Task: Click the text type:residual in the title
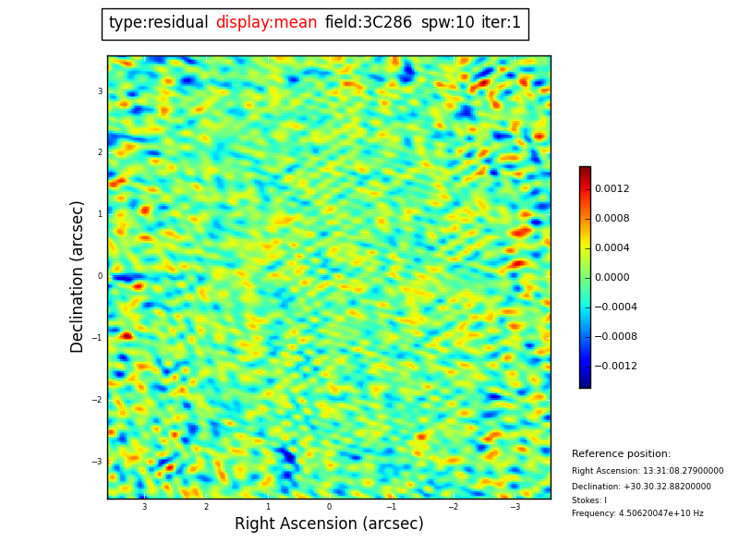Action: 158,23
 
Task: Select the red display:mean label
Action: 266,23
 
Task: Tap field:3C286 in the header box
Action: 369,23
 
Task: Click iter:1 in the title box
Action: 501,23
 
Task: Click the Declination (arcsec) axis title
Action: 78,276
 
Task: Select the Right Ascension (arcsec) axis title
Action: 329,524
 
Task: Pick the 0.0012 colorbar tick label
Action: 612,189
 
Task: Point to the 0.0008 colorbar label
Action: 612,219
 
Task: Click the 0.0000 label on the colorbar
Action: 612,278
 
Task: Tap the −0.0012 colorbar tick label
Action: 615,367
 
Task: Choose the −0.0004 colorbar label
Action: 615,307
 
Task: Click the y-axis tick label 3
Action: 100,91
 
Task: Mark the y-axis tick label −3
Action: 98,462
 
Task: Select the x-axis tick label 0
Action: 329,507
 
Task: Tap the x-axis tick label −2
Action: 453,507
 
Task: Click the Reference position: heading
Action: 621,454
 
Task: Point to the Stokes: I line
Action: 589,500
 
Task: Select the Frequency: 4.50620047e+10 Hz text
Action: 637,513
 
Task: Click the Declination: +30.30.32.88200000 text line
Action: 641,487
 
